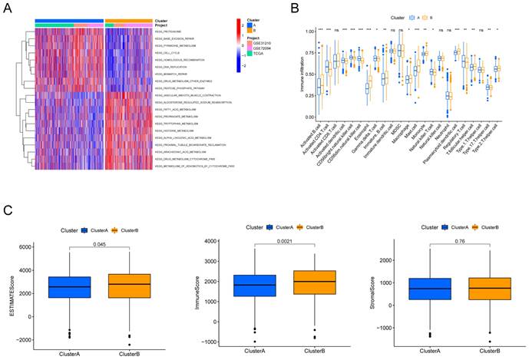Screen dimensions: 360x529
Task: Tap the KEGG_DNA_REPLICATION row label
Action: [x=170, y=66]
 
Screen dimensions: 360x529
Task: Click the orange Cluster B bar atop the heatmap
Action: [x=130, y=20]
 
